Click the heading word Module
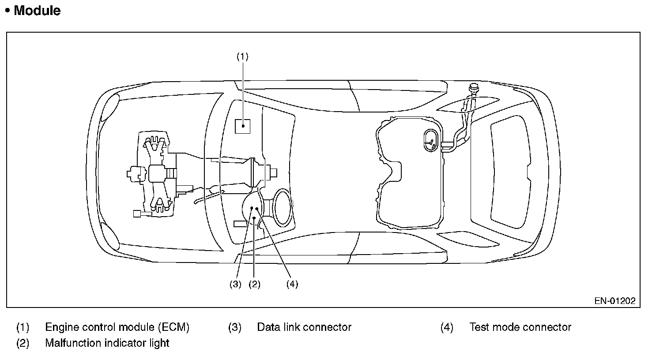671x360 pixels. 37,11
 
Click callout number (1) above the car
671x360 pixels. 242,56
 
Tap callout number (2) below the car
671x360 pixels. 254,284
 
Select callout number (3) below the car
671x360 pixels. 235,284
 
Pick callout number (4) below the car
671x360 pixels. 292,284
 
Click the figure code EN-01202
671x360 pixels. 614,301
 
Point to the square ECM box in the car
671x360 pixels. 243,126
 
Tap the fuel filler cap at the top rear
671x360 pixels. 473,88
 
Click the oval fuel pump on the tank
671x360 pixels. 431,140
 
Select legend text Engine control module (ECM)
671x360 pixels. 117,327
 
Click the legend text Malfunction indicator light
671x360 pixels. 107,343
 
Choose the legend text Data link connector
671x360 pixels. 304,327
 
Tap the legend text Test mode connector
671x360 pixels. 520,327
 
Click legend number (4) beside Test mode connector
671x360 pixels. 447,327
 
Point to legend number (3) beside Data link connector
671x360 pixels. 234,327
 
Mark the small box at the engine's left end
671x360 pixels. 137,214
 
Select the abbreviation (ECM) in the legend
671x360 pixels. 174,327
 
